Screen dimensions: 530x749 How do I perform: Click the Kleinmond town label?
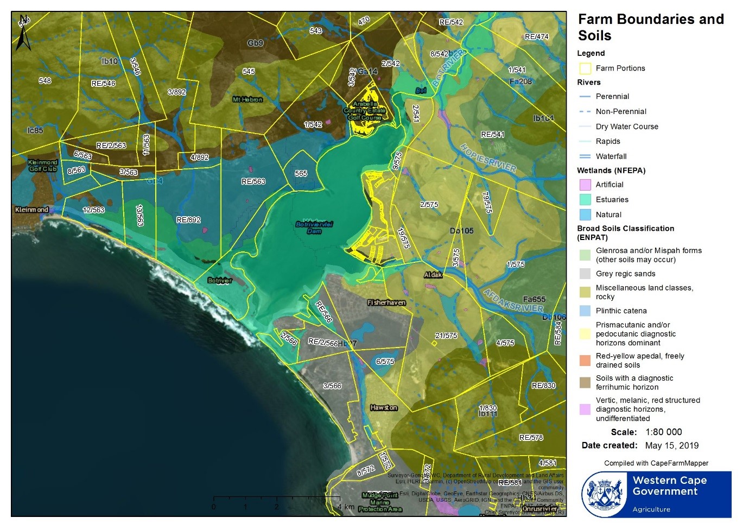pos(31,210)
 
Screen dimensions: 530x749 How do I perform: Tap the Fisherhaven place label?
pos(386,302)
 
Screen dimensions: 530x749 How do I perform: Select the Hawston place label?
pos(384,407)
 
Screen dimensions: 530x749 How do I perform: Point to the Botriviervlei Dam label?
pos(314,228)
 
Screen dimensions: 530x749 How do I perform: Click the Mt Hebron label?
pos(247,99)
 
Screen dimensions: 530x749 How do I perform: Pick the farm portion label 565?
pos(301,173)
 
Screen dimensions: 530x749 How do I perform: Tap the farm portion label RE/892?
pos(188,220)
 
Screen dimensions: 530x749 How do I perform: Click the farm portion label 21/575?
pos(446,336)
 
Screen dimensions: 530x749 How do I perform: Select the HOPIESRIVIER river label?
pos(488,158)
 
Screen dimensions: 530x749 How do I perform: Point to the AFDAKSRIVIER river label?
pos(513,301)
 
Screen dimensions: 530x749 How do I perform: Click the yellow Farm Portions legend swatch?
pos(585,68)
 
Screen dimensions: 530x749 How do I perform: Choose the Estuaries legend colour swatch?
pos(585,200)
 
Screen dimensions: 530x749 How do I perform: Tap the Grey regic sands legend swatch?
pos(585,274)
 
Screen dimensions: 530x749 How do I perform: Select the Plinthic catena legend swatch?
pos(585,311)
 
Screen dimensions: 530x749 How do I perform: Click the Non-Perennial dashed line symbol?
pos(585,111)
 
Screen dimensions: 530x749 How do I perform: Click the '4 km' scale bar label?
pos(345,507)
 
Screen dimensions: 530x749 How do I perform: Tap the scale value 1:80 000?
pos(663,432)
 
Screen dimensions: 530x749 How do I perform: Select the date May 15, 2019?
pos(671,446)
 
